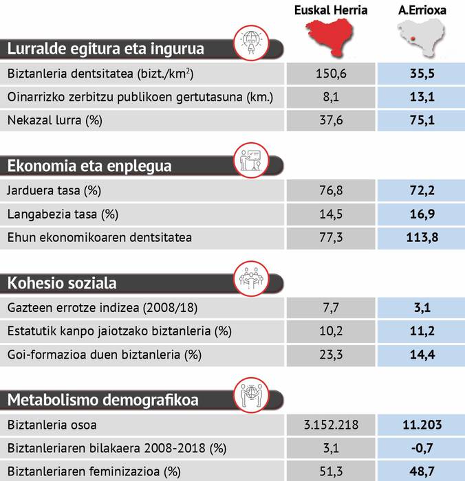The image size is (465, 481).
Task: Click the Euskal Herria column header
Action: (330, 10)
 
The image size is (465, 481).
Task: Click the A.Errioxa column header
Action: (421, 10)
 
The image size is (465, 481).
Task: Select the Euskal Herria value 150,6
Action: (330, 74)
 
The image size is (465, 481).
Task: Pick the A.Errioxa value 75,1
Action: (421, 120)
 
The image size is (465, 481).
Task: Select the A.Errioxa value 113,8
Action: (421, 238)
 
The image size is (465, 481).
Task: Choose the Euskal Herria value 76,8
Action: (330, 190)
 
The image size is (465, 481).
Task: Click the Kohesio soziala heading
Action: (62, 283)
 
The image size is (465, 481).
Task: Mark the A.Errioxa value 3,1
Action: (421, 308)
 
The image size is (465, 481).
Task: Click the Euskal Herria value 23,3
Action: (330, 355)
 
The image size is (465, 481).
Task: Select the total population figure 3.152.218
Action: (330, 425)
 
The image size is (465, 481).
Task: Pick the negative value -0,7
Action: (421, 449)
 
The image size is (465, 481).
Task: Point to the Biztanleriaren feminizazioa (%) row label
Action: (94, 472)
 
